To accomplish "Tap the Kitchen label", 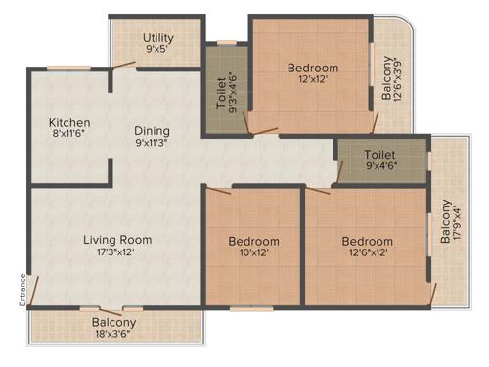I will click(69, 123).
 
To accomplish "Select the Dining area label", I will click(152, 130).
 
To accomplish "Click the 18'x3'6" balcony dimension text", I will click(114, 334).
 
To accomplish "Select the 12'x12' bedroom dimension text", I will click(312, 81).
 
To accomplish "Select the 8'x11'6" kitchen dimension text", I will click(69, 136).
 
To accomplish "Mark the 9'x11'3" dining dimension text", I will click(152, 143).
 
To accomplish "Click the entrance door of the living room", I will click(32, 290).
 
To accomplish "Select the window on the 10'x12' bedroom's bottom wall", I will click(251, 308).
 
